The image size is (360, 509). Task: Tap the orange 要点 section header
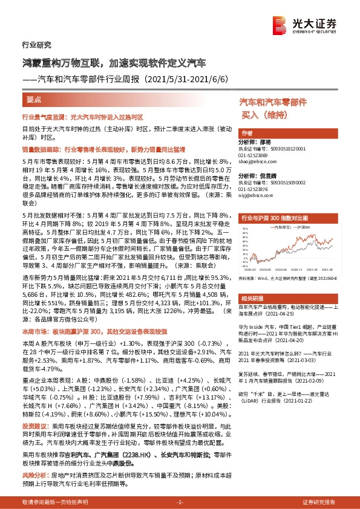coord(34,99)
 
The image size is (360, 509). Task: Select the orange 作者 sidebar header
coord(246,133)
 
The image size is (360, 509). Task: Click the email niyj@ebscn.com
coord(252,195)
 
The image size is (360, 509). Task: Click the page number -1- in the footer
coord(179,502)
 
